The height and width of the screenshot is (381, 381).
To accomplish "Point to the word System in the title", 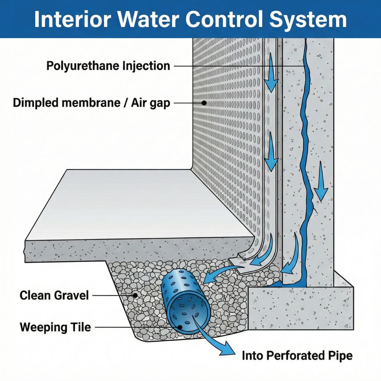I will (313, 19).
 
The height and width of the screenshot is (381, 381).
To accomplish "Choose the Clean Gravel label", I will (54, 296).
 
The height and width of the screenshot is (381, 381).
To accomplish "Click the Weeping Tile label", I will (55, 327).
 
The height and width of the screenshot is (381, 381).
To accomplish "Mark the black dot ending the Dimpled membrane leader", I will (204, 103).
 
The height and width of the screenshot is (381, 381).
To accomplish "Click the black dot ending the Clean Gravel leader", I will (136, 296).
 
